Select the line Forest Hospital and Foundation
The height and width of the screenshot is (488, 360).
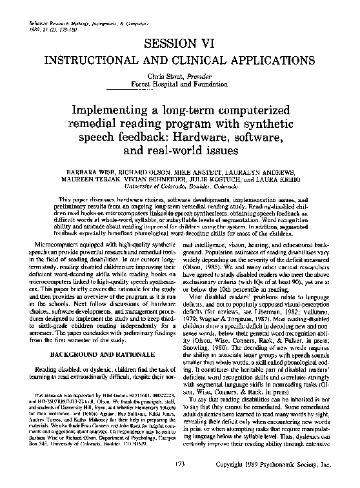click(179, 84)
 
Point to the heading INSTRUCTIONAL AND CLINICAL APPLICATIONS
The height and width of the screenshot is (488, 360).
click(180, 60)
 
